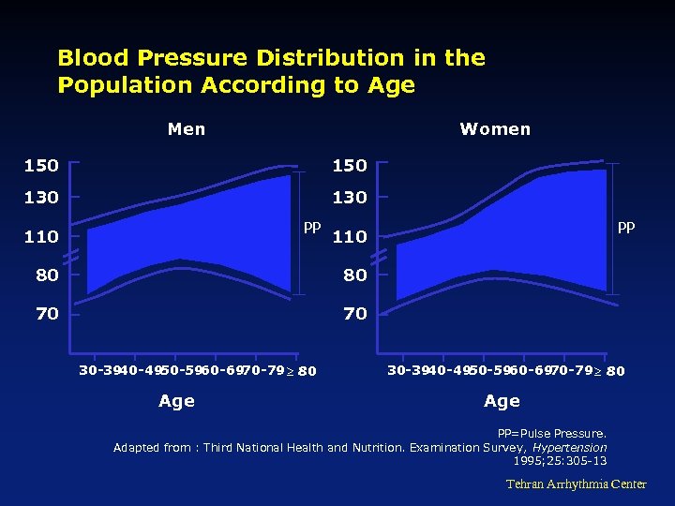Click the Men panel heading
[187, 129]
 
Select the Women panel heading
[495, 129]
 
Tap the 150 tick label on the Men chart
[41, 166]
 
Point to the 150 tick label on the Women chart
[350, 166]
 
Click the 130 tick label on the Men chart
[41, 198]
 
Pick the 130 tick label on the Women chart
[350, 198]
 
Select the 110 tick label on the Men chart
[41, 237]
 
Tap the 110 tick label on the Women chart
[350, 237]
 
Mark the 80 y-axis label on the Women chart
[355, 275]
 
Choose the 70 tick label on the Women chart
[355, 314]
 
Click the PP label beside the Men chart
[312, 227]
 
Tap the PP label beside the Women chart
[626, 227]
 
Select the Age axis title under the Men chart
[176, 401]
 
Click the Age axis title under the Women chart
[502, 401]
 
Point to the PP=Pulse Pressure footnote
[552, 434]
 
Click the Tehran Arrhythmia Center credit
[577, 484]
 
